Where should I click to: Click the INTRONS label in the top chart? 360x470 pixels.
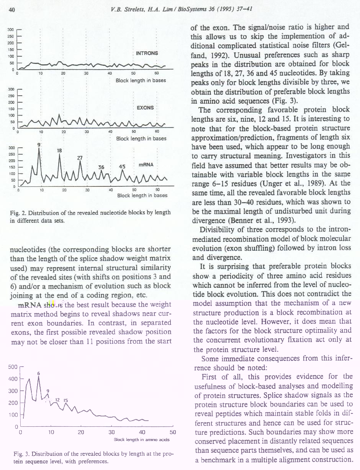click(x=147, y=53)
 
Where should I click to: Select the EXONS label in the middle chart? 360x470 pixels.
click(x=145, y=108)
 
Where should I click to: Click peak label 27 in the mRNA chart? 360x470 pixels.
click(x=80, y=158)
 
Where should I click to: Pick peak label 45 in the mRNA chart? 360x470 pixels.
click(x=123, y=166)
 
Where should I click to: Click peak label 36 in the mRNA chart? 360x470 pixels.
click(x=101, y=167)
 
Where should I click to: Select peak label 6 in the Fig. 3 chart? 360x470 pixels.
click(x=39, y=373)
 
